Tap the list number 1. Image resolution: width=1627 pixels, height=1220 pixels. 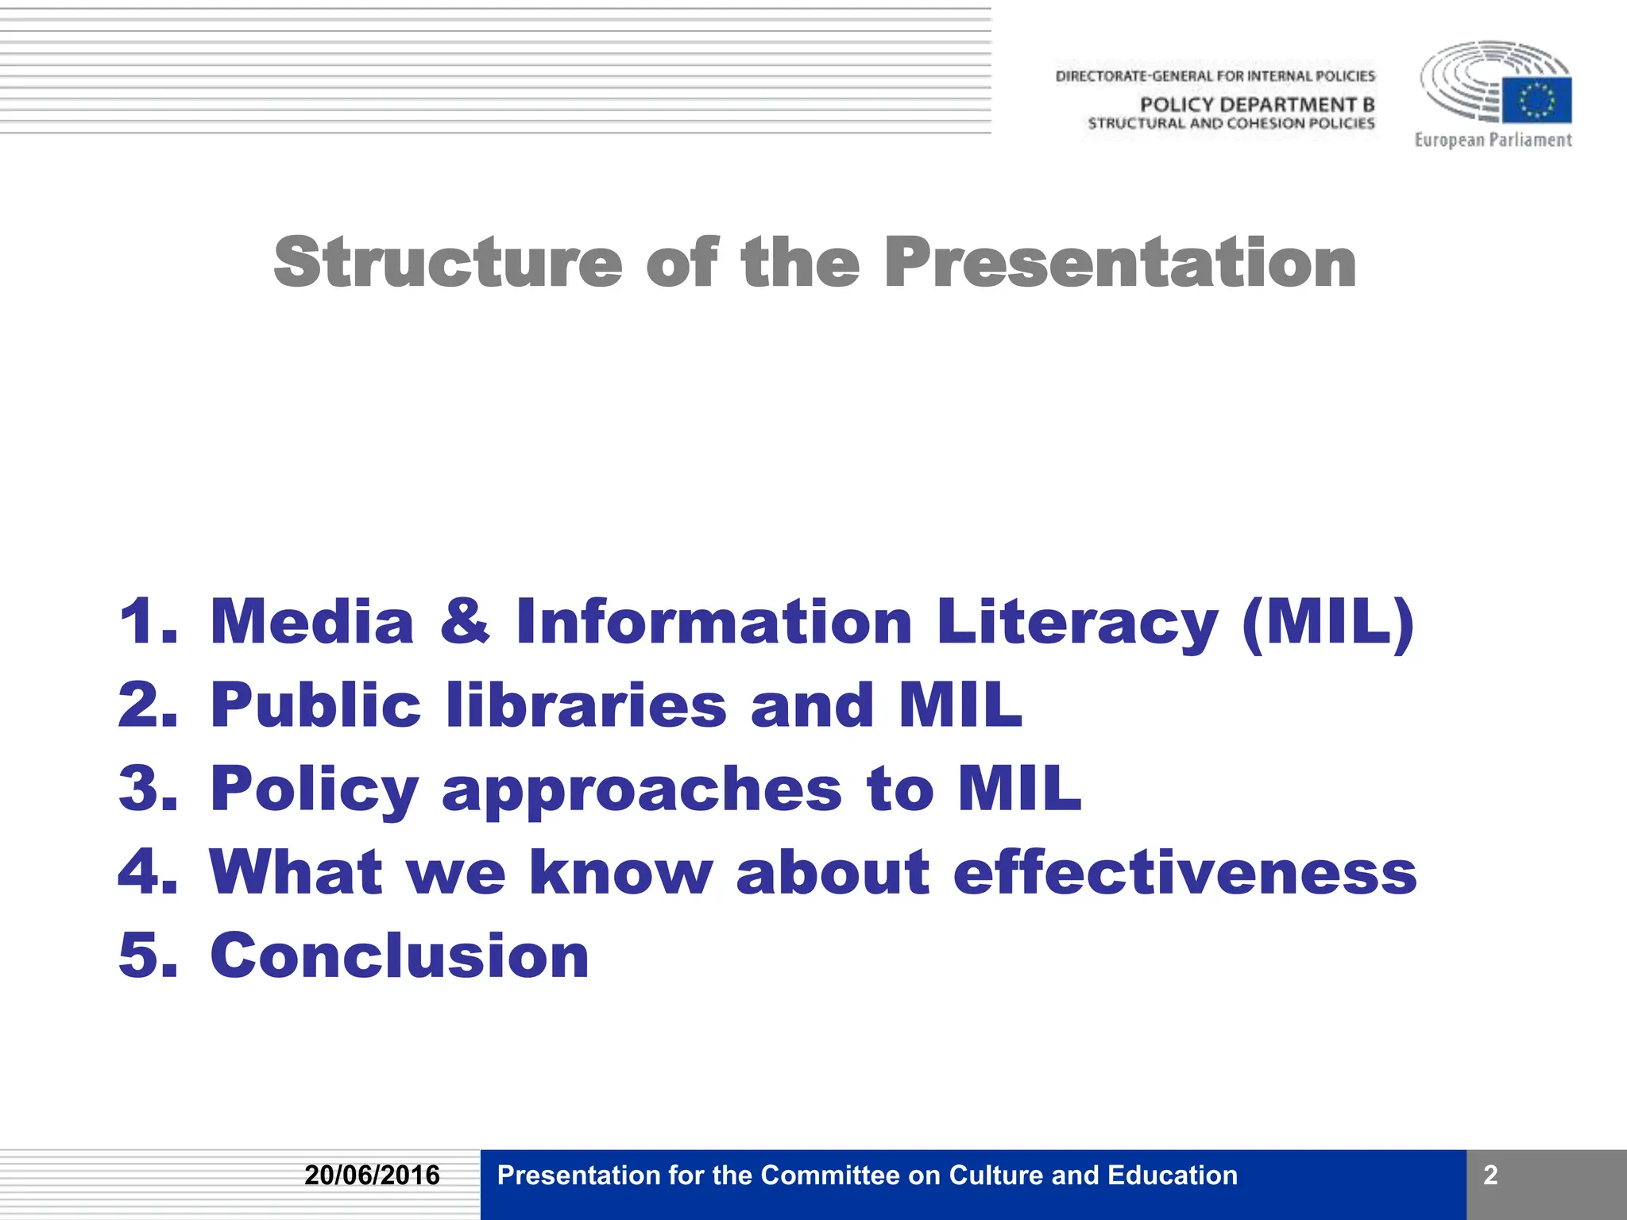148,622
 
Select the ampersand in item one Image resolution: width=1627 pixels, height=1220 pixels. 465,622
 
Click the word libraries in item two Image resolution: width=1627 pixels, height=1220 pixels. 586,705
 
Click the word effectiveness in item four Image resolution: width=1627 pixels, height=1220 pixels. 1185,872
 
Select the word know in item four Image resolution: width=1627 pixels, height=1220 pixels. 620,872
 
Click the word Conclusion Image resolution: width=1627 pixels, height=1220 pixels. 400,956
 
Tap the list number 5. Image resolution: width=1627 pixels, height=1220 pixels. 148,956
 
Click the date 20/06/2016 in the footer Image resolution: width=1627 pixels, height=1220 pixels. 372,1176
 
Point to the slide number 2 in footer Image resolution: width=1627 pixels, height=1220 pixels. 1490,1176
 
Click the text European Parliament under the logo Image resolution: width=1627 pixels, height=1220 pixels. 1493,141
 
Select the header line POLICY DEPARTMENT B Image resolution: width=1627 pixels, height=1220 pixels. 1257,105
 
